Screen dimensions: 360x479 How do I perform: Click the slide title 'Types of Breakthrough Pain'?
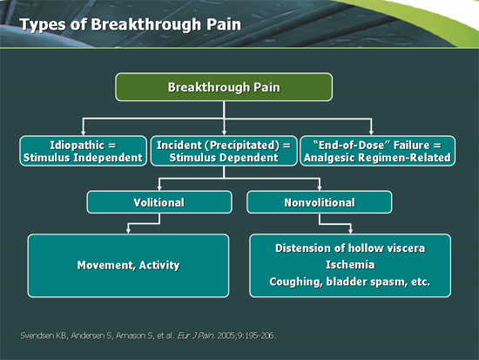point(130,24)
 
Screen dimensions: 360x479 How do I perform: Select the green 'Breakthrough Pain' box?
point(224,86)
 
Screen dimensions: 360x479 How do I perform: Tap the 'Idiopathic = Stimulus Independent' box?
point(82,151)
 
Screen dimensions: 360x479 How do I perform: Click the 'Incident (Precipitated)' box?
point(224,151)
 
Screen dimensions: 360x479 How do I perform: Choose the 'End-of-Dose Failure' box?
point(376,151)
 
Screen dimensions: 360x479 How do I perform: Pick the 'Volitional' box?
point(159,202)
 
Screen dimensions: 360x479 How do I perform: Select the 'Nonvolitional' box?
point(320,202)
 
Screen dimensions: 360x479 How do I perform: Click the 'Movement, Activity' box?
point(128,265)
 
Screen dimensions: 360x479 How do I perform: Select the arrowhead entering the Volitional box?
point(159,187)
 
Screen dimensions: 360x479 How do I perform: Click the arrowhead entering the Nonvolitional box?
point(320,187)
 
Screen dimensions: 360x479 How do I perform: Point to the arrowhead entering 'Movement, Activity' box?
point(128,229)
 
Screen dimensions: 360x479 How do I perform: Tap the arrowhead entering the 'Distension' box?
point(350,229)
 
